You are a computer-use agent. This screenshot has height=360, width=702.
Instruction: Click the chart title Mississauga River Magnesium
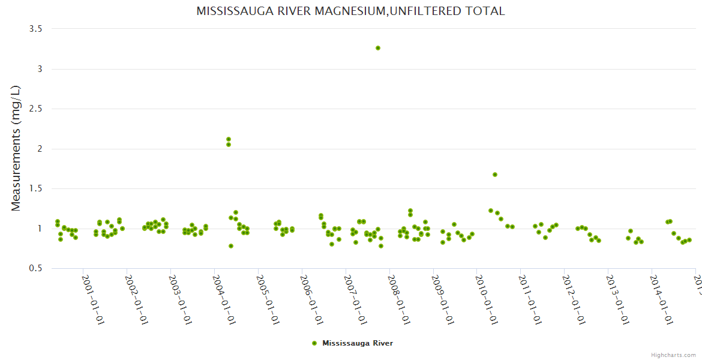(350, 11)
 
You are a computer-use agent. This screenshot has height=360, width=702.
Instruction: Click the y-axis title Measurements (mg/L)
(16, 148)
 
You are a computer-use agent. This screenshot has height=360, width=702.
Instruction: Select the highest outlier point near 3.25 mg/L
(378, 48)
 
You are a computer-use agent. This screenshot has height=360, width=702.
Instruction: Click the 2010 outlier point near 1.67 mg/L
(495, 175)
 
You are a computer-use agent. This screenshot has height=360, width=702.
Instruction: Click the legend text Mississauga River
(358, 343)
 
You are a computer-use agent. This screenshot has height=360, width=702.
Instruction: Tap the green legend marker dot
(314, 343)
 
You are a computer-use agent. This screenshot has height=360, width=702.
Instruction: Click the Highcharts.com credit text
(673, 355)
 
